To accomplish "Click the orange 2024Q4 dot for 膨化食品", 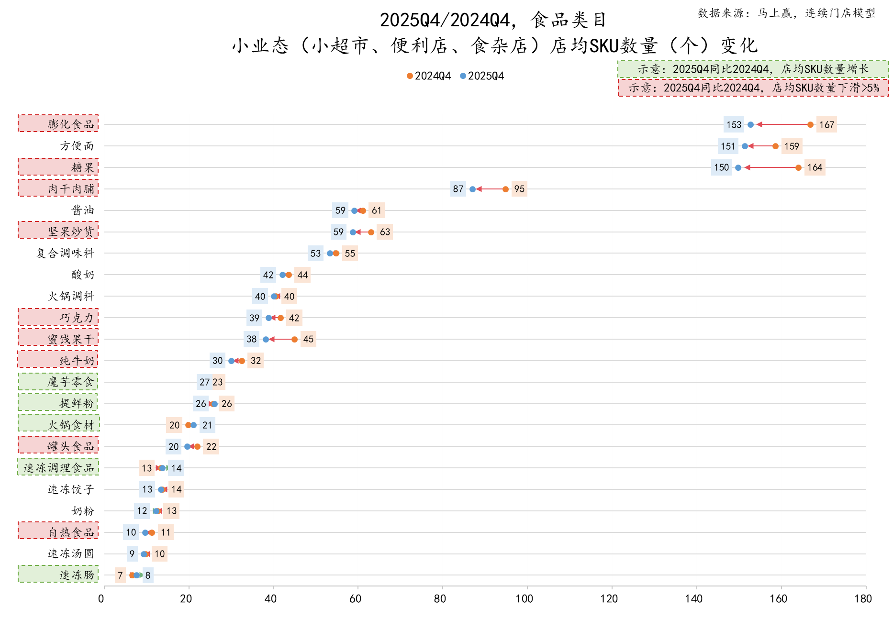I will pyautogui.click(x=810, y=125).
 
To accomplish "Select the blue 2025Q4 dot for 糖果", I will pyautogui.click(x=738, y=167).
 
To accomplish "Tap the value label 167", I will pyautogui.click(x=826, y=125).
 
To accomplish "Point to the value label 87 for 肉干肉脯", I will pyautogui.click(x=458, y=189).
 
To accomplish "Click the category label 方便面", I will pyautogui.click(x=77, y=146).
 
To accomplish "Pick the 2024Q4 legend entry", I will pyautogui.click(x=429, y=76).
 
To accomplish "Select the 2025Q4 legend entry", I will pyautogui.click(x=482, y=76).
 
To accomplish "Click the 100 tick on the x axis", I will pyautogui.click(x=525, y=598).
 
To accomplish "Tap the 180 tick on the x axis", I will pyautogui.click(x=863, y=598).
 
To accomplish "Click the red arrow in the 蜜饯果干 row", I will pyautogui.click(x=280, y=339).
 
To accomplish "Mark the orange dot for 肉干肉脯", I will pyautogui.click(x=505, y=189).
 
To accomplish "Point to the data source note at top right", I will pyautogui.click(x=786, y=13).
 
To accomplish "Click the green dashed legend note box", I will pyautogui.click(x=753, y=69).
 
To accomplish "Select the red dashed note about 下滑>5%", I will pyautogui.click(x=753, y=88).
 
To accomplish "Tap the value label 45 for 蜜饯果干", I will pyautogui.click(x=308, y=339).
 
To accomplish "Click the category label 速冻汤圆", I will pyautogui.click(x=71, y=553).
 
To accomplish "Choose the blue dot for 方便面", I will pyautogui.click(x=745, y=146).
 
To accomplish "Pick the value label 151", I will pyautogui.click(x=727, y=146).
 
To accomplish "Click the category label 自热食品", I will pyautogui.click(x=71, y=532).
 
